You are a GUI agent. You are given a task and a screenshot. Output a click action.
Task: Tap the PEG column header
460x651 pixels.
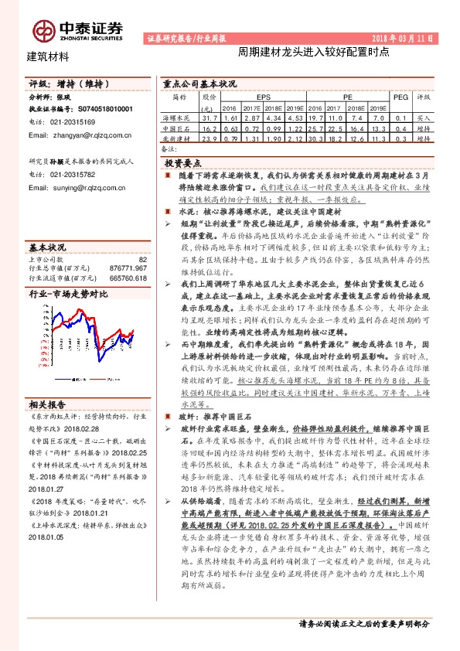coord(400,98)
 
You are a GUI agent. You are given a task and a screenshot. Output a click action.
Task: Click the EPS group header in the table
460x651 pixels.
coord(264,98)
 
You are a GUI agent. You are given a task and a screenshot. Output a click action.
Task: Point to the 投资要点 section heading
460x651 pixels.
coord(183,164)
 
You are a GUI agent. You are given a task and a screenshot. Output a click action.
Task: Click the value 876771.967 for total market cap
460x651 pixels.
coord(125,268)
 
